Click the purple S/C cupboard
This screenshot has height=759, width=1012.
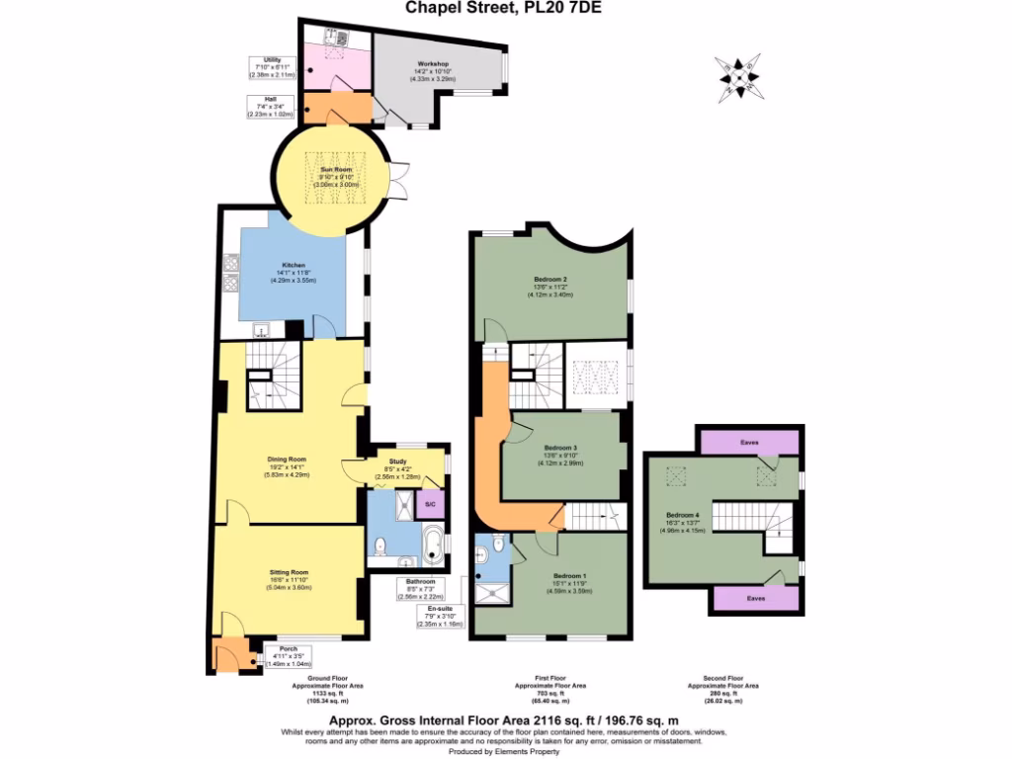430,504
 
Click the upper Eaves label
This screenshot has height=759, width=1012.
750,443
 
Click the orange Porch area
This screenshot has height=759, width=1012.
230,654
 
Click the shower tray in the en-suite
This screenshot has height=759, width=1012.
491,592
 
